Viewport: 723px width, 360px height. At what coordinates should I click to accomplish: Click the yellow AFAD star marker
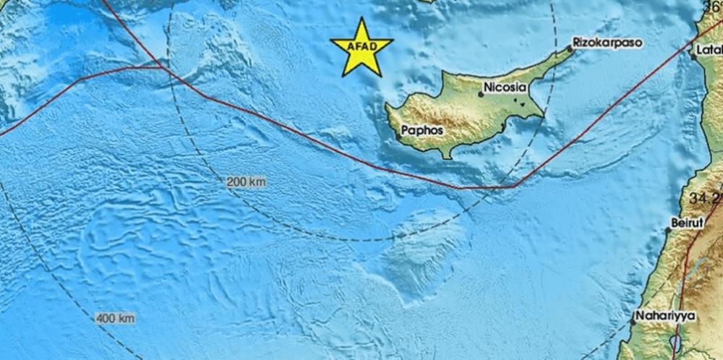click(x=361, y=48)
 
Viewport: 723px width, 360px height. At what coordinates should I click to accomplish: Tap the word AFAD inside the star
click(x=361, y=48)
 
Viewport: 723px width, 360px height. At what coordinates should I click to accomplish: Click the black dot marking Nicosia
click(x=481, y=94)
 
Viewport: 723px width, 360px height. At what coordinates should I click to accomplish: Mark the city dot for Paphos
click(x=398, y=136)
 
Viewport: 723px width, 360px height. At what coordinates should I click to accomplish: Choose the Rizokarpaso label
click(x=607, y=43)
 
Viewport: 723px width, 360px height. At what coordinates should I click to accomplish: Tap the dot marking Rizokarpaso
click(x=570, y=49)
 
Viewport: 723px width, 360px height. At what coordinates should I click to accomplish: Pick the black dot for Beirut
click(x=668, y=231)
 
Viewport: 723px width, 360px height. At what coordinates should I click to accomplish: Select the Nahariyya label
click(x=663, y=316)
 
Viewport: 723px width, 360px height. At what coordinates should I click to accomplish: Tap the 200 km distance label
click(x=246, y=182)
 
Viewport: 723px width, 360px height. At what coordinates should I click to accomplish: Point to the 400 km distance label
click(x=114, y=318)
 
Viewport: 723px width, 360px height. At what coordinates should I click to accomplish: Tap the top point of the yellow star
click(x=361, y=18)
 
